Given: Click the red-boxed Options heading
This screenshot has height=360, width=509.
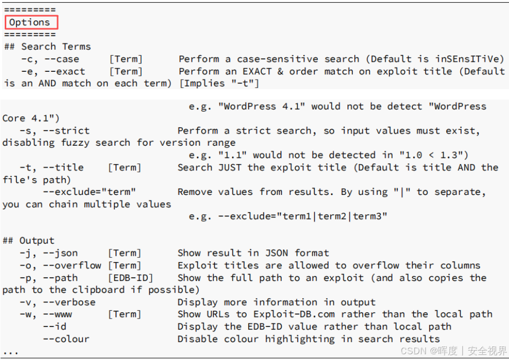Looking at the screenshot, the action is (x=30, y=23).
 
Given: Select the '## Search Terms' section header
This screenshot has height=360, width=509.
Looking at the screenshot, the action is (x=47, y=47).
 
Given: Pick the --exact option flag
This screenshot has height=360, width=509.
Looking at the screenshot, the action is (x=64, y=71).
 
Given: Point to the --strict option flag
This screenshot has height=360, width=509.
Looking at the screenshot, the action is (x=66, y=130).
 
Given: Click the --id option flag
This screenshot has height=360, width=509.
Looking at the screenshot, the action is (x=54, y=326).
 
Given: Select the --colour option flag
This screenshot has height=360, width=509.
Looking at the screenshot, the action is (x=66, y=339).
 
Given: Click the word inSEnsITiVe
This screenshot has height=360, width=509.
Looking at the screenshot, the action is (x=470, y=59).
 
